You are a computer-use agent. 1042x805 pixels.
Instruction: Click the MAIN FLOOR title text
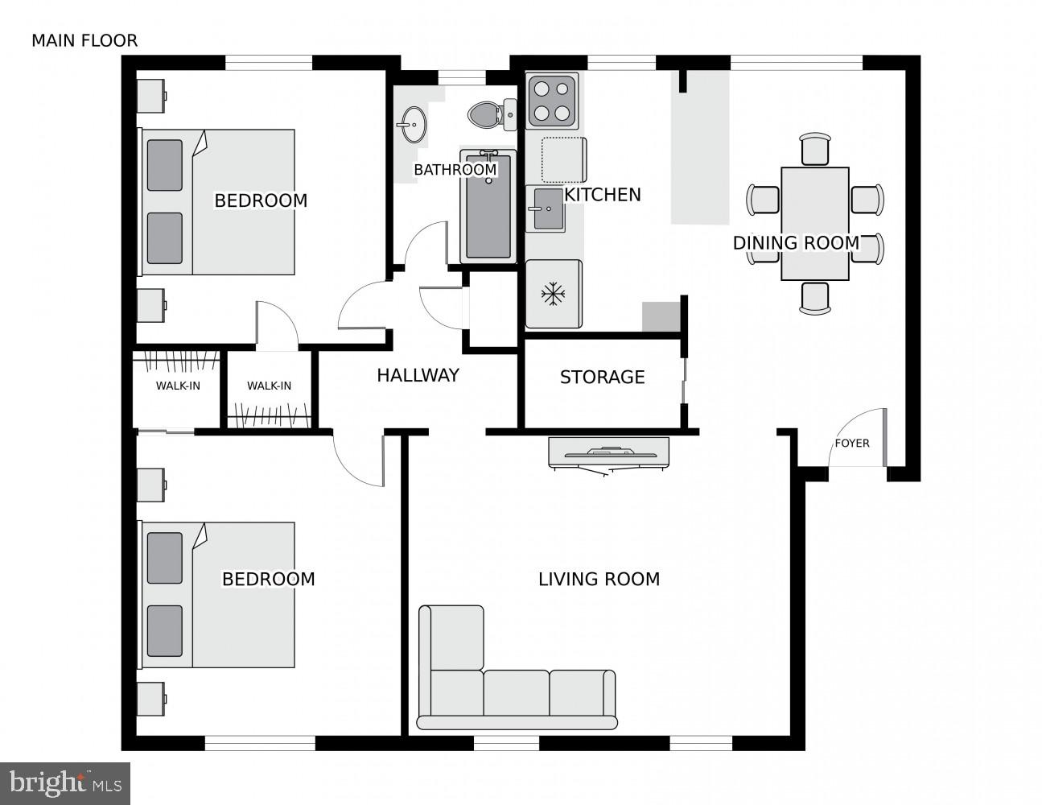pyautogui.click(x=84, y=40)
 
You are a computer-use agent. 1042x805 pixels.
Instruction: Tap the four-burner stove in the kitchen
pyautogui.click(x=552, y=101)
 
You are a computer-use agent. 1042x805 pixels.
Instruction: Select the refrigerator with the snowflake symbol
pyautogui.click(x=553, y=294)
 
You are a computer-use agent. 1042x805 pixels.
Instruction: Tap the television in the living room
pyautogui.click(x=608, y=453)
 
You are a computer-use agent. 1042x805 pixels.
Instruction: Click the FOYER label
pyautogui.click(x=851, y=443)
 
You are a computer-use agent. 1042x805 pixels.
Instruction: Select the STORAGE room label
pyautogui.click(x=602, y=377)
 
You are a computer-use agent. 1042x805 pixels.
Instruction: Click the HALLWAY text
pyautogui.click(x=418, y=375)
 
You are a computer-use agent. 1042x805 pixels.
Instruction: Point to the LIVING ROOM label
pyautogui.click(x=599, y=579)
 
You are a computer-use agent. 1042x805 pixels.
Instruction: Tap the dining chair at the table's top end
pyautogui.click(x=814, y=150)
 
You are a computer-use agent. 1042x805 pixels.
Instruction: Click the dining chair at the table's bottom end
pyautogui.click(x=814, y=297)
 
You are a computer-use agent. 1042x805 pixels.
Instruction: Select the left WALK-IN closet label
pyautogui.click(x=178, y=386)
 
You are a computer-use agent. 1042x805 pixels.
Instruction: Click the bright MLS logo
pyautogui.click(x=65, y=783)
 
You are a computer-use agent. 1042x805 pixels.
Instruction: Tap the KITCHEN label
pyautogui.click(x=603, y=195)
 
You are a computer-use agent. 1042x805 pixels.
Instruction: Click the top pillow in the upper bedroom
pyautogui.click(x=165, y=165)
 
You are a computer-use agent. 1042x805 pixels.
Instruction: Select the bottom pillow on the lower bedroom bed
pyautogui.click(x=165, y=630)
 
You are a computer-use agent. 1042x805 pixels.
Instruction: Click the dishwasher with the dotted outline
pyautogui.click(x=562, y=159)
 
